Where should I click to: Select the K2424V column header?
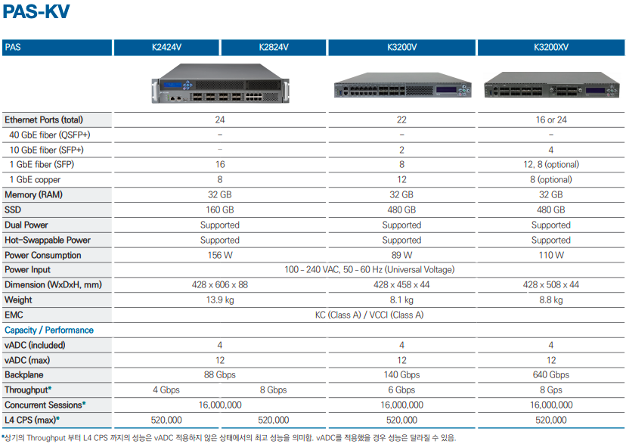(166, 48)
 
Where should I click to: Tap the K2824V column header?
(274, 48)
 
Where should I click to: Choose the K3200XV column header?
(550, 48)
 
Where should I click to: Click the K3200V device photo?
(401, 88)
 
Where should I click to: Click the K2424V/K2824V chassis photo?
(219, 85)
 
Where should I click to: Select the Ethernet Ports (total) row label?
(44, 120)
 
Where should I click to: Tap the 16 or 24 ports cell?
(550, 120)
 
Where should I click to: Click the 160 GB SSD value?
(219, 210)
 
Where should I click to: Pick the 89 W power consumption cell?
(401, 255)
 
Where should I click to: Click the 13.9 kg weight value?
(219, 300)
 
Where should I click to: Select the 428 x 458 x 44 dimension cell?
(401, 285)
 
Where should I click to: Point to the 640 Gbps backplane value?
(550, 375)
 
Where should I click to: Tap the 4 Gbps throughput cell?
(166, 390)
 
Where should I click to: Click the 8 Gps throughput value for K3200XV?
(550, 390)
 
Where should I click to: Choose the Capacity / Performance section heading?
(49, 330)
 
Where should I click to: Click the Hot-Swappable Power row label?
(48, 240)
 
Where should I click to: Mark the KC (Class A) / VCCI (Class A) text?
(369, 315)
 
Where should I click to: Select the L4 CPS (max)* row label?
(32, 420)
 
